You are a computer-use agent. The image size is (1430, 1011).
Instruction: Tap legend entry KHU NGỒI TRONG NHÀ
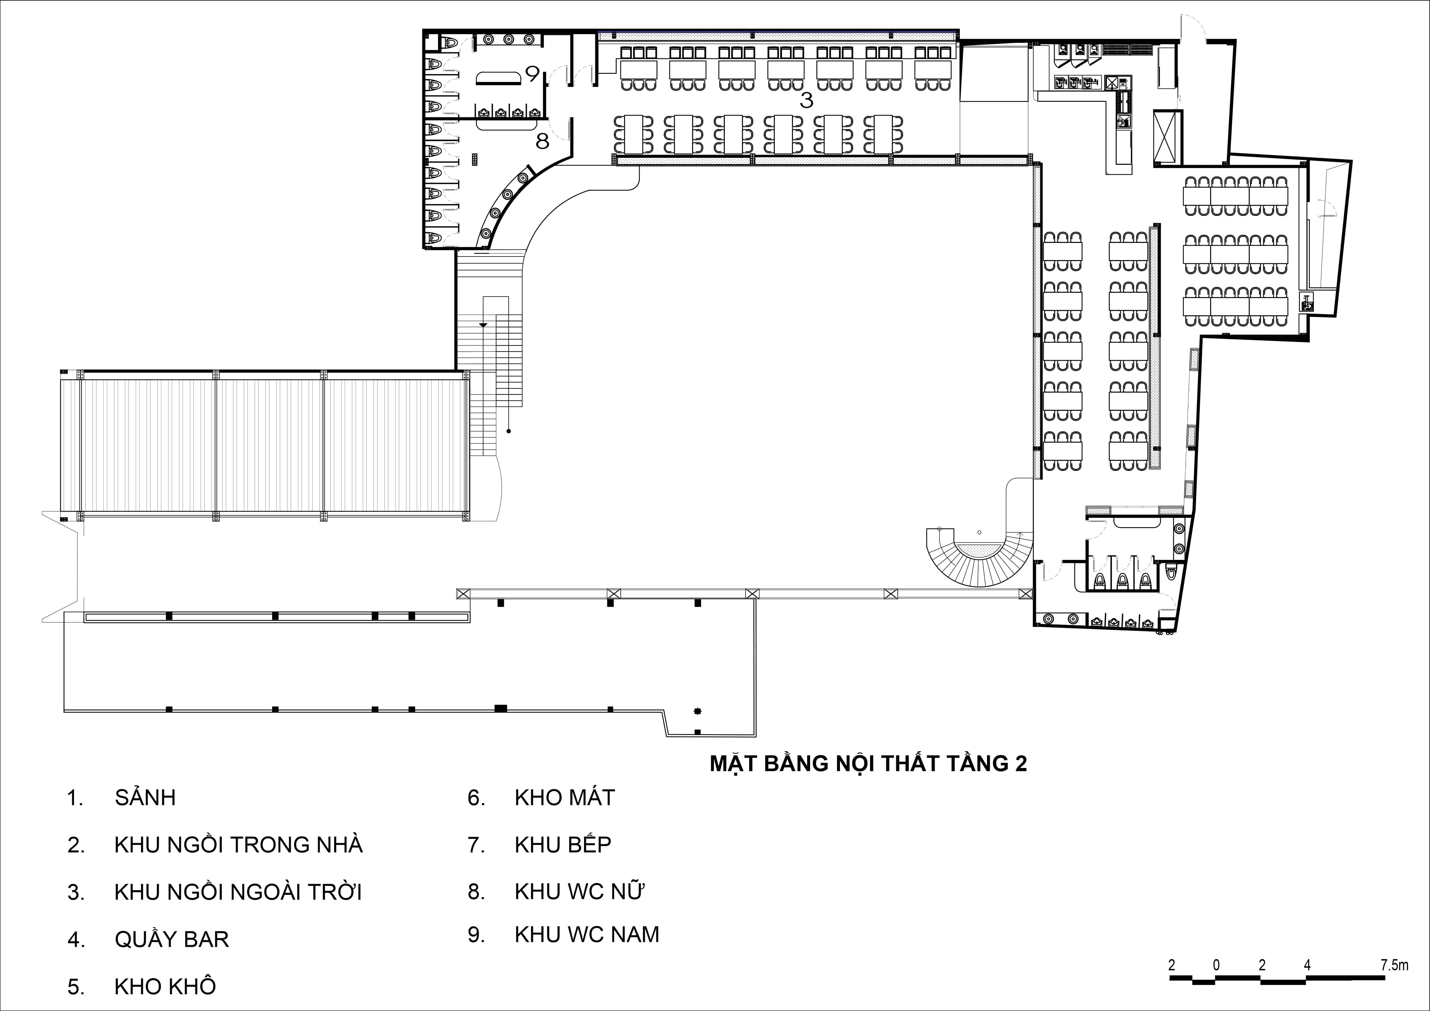click(215, 845)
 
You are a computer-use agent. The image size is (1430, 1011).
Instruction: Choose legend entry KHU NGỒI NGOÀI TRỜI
click(215, 892)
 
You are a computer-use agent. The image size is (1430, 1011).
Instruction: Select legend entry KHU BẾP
click(539, 845)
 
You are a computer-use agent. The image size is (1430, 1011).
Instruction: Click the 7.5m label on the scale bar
click(1394, 965)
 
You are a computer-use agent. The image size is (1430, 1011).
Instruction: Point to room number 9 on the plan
click(532, 74)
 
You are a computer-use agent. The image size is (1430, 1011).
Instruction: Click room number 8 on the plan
click(542, 142)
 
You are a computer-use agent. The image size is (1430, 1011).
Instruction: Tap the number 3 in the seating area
click(807, 100)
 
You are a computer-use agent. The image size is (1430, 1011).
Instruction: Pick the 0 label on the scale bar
click(1216, 965)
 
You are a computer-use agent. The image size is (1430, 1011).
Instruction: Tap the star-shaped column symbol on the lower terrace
click(698, 711)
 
